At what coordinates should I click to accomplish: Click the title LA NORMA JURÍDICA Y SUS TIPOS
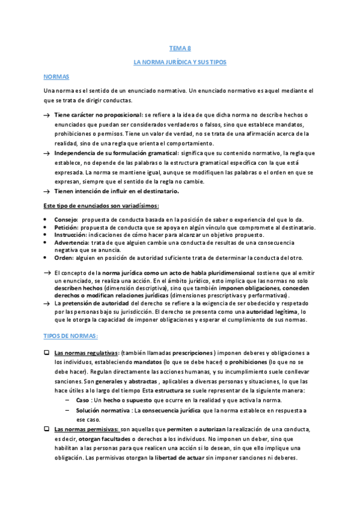coord(180,62)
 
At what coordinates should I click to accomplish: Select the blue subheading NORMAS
coord(57,77)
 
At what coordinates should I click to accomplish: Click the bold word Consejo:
coord(66,220)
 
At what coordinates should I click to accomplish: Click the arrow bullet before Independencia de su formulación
coord(46,153)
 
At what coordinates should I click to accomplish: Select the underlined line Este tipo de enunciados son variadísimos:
coord(101,206)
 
